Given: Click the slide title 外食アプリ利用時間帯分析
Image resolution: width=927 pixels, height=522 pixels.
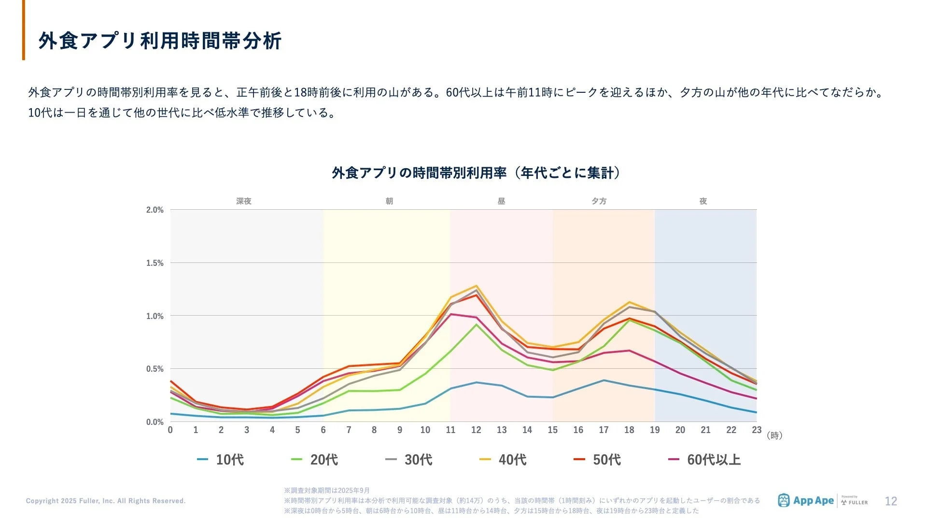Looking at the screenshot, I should point(160,41).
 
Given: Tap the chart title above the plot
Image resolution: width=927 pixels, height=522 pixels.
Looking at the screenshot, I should point(476,173).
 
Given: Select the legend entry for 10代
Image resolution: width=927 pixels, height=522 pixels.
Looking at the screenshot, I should point(221,460).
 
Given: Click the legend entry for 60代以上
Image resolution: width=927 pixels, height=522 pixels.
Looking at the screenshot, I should point(705,460).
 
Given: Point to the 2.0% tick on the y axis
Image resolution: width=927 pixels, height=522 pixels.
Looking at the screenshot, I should point(155,210).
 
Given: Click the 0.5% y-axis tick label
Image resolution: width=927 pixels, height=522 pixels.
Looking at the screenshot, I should point(155,369).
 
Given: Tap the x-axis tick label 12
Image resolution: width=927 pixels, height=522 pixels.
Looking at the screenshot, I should point(476,430).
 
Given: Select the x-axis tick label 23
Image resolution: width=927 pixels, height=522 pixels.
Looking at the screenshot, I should point(757,430).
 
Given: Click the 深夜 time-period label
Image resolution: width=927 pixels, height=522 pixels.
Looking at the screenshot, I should point(244,201).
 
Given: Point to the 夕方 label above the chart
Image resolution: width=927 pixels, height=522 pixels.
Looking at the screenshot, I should point(599,201).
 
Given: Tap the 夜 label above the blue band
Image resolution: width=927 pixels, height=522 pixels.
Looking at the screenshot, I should point(703,201).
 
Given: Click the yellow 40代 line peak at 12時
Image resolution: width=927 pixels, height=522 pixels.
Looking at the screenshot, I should point(477,286).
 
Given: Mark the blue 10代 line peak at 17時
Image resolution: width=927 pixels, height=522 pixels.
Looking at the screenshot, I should point(604,380).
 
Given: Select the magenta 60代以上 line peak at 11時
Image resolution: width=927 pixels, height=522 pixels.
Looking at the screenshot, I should point(451,314).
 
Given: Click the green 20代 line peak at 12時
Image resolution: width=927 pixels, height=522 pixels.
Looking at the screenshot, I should point(477,324).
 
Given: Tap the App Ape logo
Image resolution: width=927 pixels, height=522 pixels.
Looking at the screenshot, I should point(806,501).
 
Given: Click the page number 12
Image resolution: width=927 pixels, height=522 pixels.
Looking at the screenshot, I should point(891,501).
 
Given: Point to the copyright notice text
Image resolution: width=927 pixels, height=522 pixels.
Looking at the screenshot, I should point(106,501).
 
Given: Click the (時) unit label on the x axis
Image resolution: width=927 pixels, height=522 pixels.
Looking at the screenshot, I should point(774,435).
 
